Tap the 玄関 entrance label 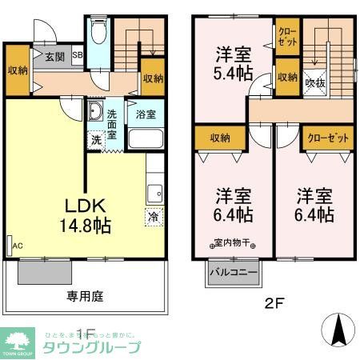[54, 56]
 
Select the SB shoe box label [77, 56]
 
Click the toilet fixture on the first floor [98, 33]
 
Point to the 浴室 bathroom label [146, 114]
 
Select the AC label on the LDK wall [16, 246]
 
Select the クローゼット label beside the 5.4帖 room [286, 37]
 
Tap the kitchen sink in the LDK [154, 192]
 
